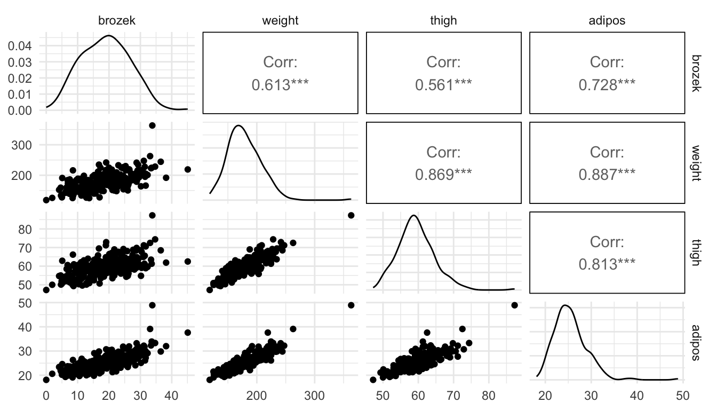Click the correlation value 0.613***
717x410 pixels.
280,84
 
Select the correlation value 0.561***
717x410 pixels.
443,84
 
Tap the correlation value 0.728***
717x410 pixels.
607,84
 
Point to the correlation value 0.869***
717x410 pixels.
443,174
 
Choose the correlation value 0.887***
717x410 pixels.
607,174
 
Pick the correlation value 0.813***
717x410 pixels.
607,264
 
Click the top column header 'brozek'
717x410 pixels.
117,21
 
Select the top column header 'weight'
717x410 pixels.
280,21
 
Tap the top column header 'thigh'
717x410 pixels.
443,21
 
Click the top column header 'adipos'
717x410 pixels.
607,21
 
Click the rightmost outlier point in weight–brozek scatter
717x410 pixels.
187,169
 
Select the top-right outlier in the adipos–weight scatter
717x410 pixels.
351,305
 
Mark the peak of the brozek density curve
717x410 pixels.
109,36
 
